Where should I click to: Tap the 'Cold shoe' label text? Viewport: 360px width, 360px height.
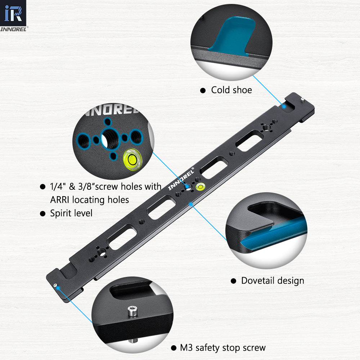(x=231, y=90)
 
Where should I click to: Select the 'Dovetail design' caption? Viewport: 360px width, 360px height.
(x=273, y=280)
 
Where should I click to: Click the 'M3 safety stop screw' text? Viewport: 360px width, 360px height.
(x=223, y=348)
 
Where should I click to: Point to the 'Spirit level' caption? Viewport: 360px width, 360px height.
(x=71, y=213)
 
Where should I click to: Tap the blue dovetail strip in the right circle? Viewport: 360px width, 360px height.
(x=274, y=234)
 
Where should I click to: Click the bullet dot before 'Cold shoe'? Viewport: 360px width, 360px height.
(x=203, y=90)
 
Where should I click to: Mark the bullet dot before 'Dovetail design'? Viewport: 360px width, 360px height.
(x=233, y=281)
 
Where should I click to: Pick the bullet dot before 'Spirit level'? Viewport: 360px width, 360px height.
(x=42, y=213)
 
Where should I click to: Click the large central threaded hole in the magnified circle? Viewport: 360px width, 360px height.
(x=107, y=138)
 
